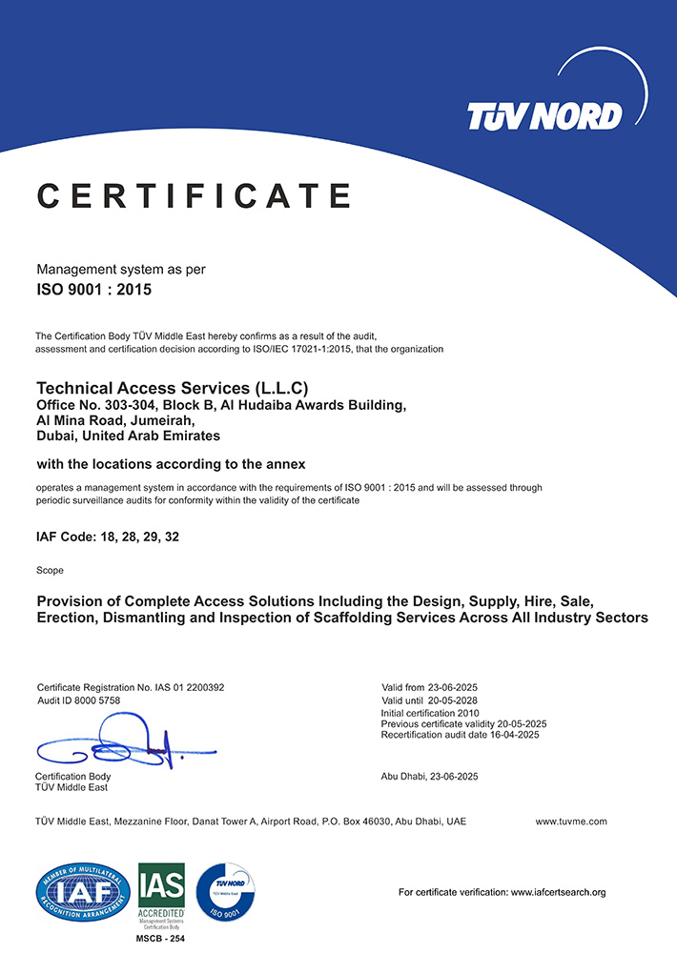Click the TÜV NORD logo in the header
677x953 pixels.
tap(544, 115)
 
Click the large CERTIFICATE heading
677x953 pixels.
tap(194, 195)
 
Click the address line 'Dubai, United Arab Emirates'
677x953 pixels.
tap(128, 436)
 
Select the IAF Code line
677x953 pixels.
tap(107, 537)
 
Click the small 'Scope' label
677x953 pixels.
tap(50, 570)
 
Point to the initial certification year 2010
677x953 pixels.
tap(469, 713)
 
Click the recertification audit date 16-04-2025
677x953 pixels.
tap(512, 735)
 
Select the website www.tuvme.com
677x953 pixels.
tap(570, 821)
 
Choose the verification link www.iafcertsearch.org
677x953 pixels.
tap(559, 893)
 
